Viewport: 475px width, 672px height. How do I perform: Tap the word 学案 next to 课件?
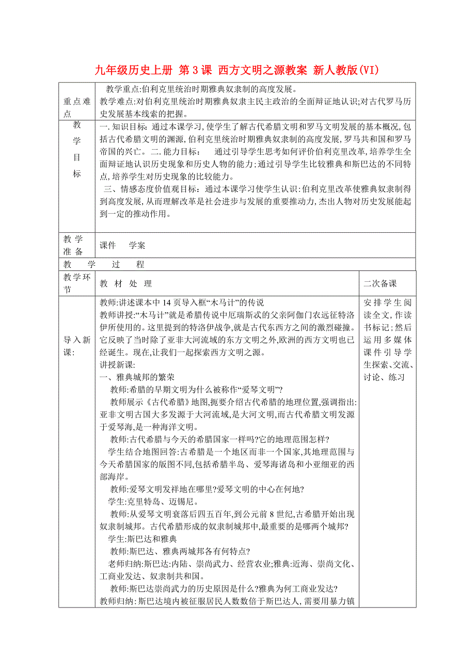[x=137, y=246]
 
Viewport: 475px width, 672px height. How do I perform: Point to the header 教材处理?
[x=126, y=283]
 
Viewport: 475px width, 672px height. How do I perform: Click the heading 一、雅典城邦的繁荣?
[x=137, y=377]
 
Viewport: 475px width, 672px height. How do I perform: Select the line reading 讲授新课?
[x=117, y=365]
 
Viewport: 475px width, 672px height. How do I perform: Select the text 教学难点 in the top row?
[x=116, y=101]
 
